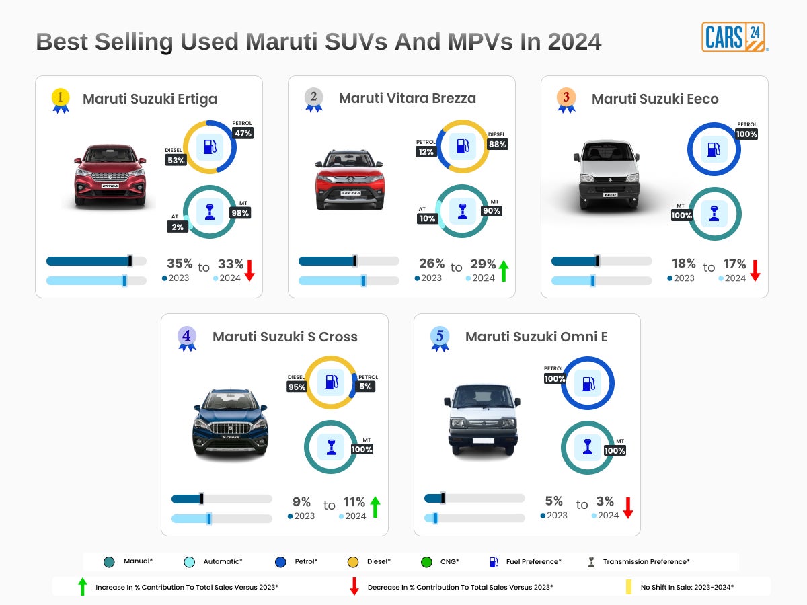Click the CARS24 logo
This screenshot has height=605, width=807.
click(x=734, y=37)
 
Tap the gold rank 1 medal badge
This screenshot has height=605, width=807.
click(x=61, y=99)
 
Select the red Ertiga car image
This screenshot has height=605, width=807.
click(x=110, y=174)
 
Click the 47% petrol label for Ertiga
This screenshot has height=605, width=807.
click(x=243, y=133)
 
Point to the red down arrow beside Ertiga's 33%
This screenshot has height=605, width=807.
click(x=249, y=270)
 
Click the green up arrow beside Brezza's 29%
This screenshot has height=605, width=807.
click(x=503, y=271)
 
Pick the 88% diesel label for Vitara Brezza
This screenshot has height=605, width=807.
click(x=498, y=144)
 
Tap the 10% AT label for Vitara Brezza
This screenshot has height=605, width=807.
click(x=427, y=218)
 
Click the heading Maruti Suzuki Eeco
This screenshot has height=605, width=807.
click(x=654, y=99)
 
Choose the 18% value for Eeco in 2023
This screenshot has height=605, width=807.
click(x=683, y=264)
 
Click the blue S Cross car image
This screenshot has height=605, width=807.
click(x=231, y=423)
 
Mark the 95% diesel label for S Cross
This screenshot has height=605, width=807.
click(x=297, y=387)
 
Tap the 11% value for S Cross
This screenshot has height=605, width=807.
click(x=354, y=502)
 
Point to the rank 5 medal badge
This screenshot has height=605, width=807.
click(x=440, y=337)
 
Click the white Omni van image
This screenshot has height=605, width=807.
click(x=482, y=417)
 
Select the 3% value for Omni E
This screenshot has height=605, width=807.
click(x=605, y=501)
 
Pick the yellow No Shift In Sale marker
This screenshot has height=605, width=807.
click(x=629, y=587)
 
